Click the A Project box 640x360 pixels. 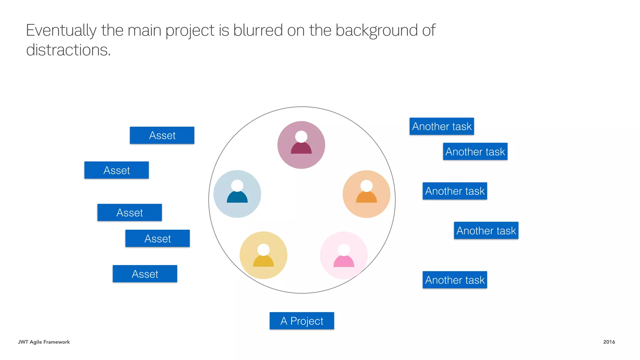click(302, 321)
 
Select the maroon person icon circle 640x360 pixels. click(301, 145)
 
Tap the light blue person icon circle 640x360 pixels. click(237, 194)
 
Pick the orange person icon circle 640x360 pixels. click(366, 194)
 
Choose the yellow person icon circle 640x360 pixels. click(263, 255)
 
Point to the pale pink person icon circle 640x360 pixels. click(344, 255)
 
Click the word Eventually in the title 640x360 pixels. click(61, 31)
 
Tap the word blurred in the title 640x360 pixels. click(258, 30)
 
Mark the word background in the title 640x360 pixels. click(377, 31)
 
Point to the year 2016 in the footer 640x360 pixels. click(609, 342)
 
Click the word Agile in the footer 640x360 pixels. click(36, 342)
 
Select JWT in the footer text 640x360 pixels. click(23, 342)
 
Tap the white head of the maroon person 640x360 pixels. click(301, 137)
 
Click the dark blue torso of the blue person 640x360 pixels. click(237, 198)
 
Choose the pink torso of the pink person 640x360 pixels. click(344, 262)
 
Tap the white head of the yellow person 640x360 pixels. click(263, 250)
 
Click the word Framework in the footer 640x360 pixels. click(57, 342)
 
